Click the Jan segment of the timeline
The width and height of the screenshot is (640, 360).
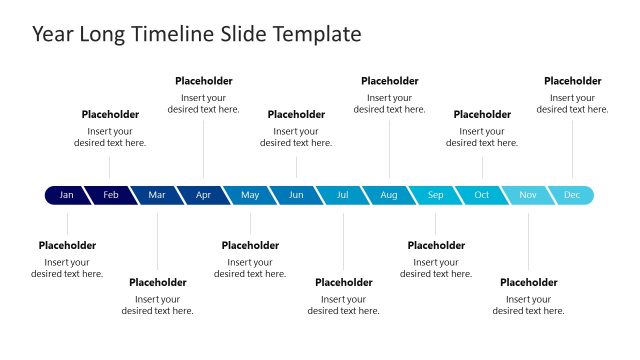click(x=66, y=195)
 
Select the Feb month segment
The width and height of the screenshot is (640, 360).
click(x=111, y=195)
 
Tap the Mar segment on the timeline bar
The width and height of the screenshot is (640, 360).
click(x=157, y=195)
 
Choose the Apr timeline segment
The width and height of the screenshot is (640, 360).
click(x=203, y=195)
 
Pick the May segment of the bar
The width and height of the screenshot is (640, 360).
click(x=250, y=195)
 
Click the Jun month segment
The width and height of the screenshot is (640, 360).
click(x=296, y=195)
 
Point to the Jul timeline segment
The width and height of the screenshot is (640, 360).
click(x=343, y=195)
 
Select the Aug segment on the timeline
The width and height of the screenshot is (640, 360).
click(x=389, y=195)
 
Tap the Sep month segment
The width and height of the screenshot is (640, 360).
click(x=436, y=195)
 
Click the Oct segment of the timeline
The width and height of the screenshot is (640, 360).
click(x=482, y=195)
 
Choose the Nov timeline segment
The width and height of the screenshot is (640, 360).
click(x=528, y=195)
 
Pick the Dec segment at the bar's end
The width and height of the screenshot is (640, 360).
click(x=572, y=195)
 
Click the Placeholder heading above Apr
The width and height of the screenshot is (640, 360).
click(x=204, y=81)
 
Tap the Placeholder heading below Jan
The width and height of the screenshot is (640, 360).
click(x=67, y=245)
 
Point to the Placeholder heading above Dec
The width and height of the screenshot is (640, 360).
click(x=573, y=81)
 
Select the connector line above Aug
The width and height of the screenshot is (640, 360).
click(x=390, y=150)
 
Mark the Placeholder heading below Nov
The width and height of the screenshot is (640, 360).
click(x=529, y=282)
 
